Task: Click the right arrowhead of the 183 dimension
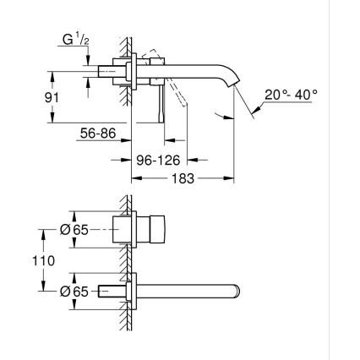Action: point(230,178)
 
